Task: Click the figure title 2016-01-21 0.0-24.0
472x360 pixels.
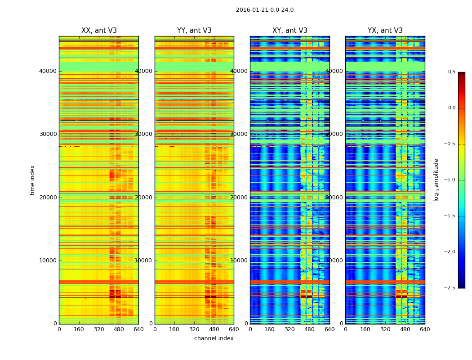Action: [x=264, y=10]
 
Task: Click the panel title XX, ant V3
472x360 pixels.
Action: [x=99, y=31]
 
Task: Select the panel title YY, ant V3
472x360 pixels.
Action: [x=194, y=31]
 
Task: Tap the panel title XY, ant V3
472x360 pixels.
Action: [x=290, y=31]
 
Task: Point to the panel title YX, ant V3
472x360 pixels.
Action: [x=385, y=31]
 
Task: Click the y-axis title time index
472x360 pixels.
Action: [x=32, y=180]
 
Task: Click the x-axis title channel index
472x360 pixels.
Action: [x=214, y=338]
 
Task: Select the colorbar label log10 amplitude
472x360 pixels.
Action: [x=436, y=180]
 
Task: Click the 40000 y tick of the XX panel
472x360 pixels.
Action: [x=47, y=71]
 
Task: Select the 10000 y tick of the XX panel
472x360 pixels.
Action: [x=47, y=261]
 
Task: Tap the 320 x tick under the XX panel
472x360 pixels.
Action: [x=99, y=329]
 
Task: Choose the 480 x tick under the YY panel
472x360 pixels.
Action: [x=214, y=329]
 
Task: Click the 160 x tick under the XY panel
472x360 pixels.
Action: [x=270, y=329]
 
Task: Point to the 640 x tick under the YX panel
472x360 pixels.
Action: [x=425, y=329]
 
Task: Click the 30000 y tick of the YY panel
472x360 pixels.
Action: [x=143, y=134]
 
